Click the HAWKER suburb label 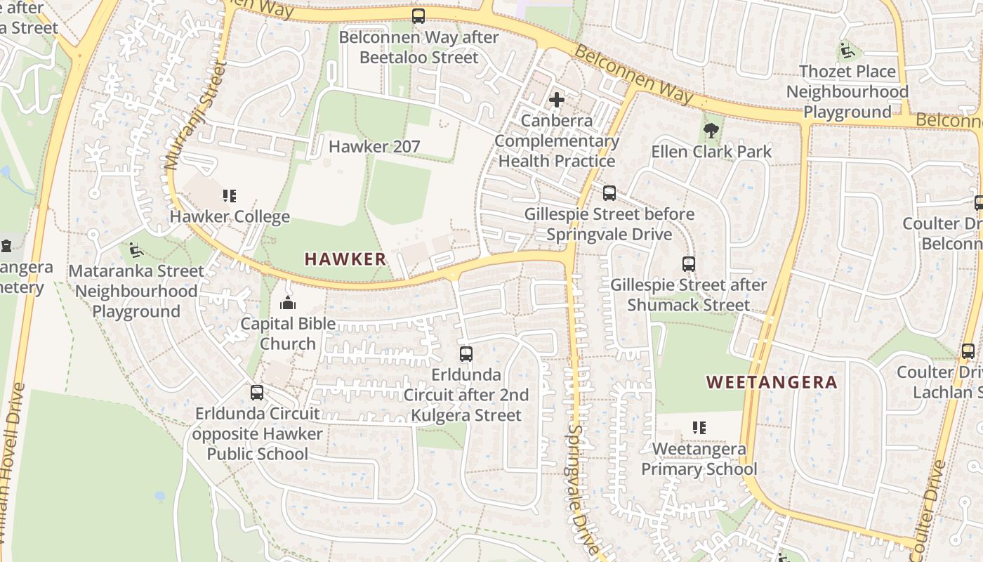345,259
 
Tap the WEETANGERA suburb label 772,382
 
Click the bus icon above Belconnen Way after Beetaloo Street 418,15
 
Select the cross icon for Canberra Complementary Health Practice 557,100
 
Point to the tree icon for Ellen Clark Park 711,130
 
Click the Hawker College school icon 230,195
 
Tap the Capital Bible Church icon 287,303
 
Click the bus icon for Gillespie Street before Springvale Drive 609,192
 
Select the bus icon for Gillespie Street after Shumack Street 689,264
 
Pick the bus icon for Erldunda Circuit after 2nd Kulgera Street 466,354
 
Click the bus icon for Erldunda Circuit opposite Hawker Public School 257,393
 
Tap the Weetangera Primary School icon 699,427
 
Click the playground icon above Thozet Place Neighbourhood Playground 847,51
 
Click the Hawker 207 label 374,146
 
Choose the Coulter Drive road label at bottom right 930,500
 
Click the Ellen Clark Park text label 711,151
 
